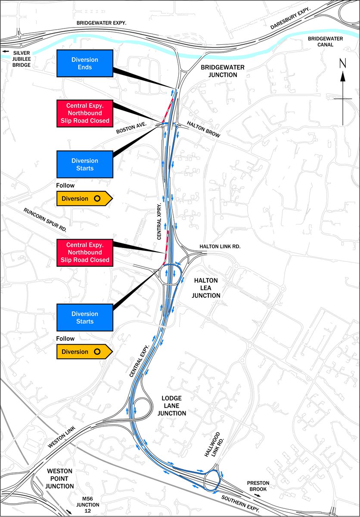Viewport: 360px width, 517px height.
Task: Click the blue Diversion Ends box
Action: click(85, 63)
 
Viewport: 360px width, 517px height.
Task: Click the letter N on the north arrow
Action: click(343, 63)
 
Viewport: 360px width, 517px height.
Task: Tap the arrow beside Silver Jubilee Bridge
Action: click(6, 52)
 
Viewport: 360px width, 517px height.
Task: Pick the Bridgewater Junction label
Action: click(218, 71)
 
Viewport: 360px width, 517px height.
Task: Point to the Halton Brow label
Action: click(203, 129)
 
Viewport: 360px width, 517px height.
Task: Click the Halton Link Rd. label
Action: click(219, 246)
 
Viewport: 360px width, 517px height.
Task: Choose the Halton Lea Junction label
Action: click(207, 288)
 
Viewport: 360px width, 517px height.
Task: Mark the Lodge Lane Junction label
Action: click(171, 405)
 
